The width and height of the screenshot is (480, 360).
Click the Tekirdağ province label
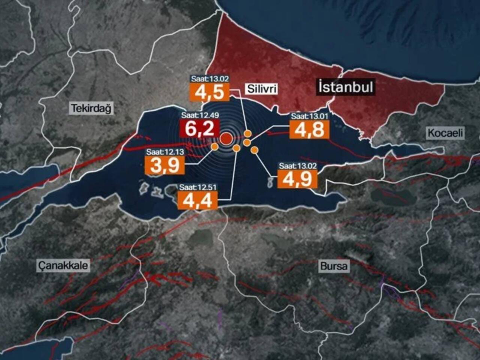click(91, 109)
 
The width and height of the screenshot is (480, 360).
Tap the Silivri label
click(262, 88)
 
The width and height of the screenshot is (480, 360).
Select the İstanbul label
click(345, 87)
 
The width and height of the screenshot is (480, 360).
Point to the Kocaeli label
click(445, 133)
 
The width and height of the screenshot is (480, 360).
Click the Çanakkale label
click(63, 265)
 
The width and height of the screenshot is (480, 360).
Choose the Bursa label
click(334, 266)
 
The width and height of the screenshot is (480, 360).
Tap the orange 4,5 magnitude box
click(210, 92)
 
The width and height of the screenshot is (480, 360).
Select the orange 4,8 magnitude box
click(309, 129)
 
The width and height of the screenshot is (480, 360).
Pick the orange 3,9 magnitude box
click(165, 165)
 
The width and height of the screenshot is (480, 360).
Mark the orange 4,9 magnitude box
click(297, 179)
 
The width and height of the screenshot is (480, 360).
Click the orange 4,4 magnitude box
click(198, 200)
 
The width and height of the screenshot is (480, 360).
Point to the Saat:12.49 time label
click(200, 115)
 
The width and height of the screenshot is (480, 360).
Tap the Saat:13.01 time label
click(310, 116)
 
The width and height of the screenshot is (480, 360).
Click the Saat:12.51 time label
click(198, 187)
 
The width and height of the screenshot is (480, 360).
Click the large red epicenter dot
click(226, 139)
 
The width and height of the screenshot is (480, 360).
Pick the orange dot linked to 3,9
click(214, 147)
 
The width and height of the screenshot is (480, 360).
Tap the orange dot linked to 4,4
click(236, 148)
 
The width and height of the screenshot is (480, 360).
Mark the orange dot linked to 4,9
click(254, 150)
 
